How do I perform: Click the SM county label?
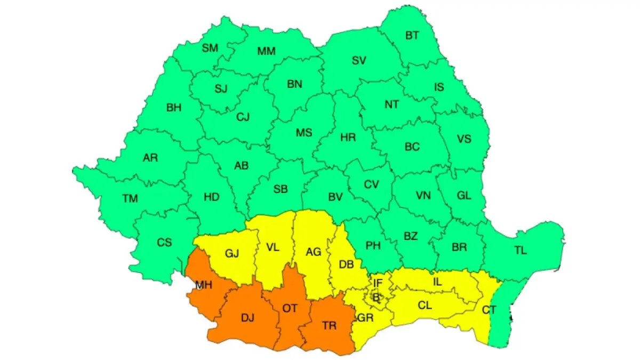point(210,48)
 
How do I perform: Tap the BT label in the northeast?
point(412,36)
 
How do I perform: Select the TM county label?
point(130,199)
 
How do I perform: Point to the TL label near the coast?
point(521,251)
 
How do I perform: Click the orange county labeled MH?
point(203,285)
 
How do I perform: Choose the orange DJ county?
point(247,318)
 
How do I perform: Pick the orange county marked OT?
point(290,308)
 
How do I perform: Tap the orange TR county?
point(329,326)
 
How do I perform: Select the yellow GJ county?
point(231,253)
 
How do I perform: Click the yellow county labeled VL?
point(272,247)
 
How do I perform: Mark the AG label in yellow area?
point(313,251)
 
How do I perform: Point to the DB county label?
point(346,263)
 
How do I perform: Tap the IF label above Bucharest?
point(378,283)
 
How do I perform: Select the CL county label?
point(425,306)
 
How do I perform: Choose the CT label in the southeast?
point(489,310)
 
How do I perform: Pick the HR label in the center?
point(348,138)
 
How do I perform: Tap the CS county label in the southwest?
point(164,243)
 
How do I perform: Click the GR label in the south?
point(365,318)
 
